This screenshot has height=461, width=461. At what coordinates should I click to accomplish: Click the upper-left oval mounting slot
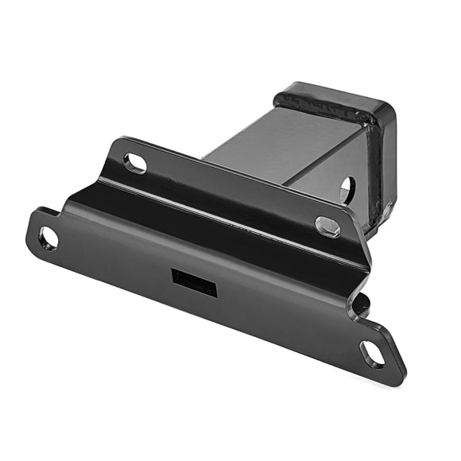(136, 164)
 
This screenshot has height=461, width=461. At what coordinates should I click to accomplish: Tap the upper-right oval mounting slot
(327, 227)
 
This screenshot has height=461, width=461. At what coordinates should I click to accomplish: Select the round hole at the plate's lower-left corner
(48, 237)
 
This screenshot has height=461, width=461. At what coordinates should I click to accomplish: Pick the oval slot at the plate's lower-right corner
(373, 354)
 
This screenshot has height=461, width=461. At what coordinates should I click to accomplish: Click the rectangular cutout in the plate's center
(195, 281)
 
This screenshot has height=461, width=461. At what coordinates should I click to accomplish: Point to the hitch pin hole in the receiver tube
(347, 189)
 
